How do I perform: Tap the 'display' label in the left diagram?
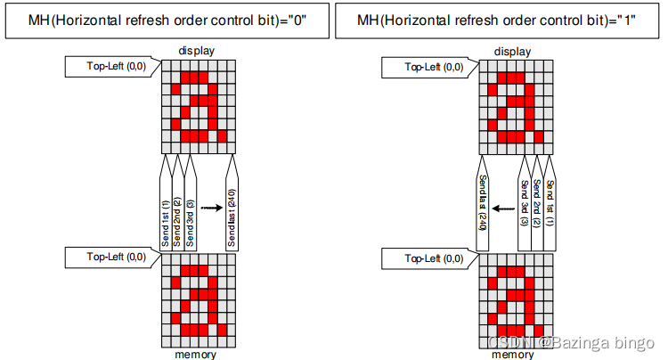pos(197,52)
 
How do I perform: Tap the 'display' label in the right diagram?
pos(513,52)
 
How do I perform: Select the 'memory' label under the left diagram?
pos(197,354)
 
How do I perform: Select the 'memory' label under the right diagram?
pos(513,354)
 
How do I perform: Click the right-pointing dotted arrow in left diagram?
pos(210,207)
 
